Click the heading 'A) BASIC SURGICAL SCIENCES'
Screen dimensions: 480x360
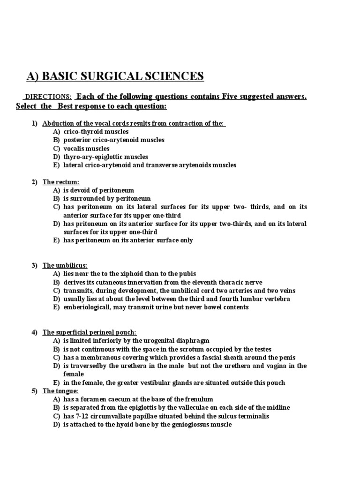click(x=114, y=76)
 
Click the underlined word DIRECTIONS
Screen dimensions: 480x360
click(x=48, y=97)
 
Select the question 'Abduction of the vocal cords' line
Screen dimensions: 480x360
click(x=134, y=124)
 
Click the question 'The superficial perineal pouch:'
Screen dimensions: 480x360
click(x=90, y=332)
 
